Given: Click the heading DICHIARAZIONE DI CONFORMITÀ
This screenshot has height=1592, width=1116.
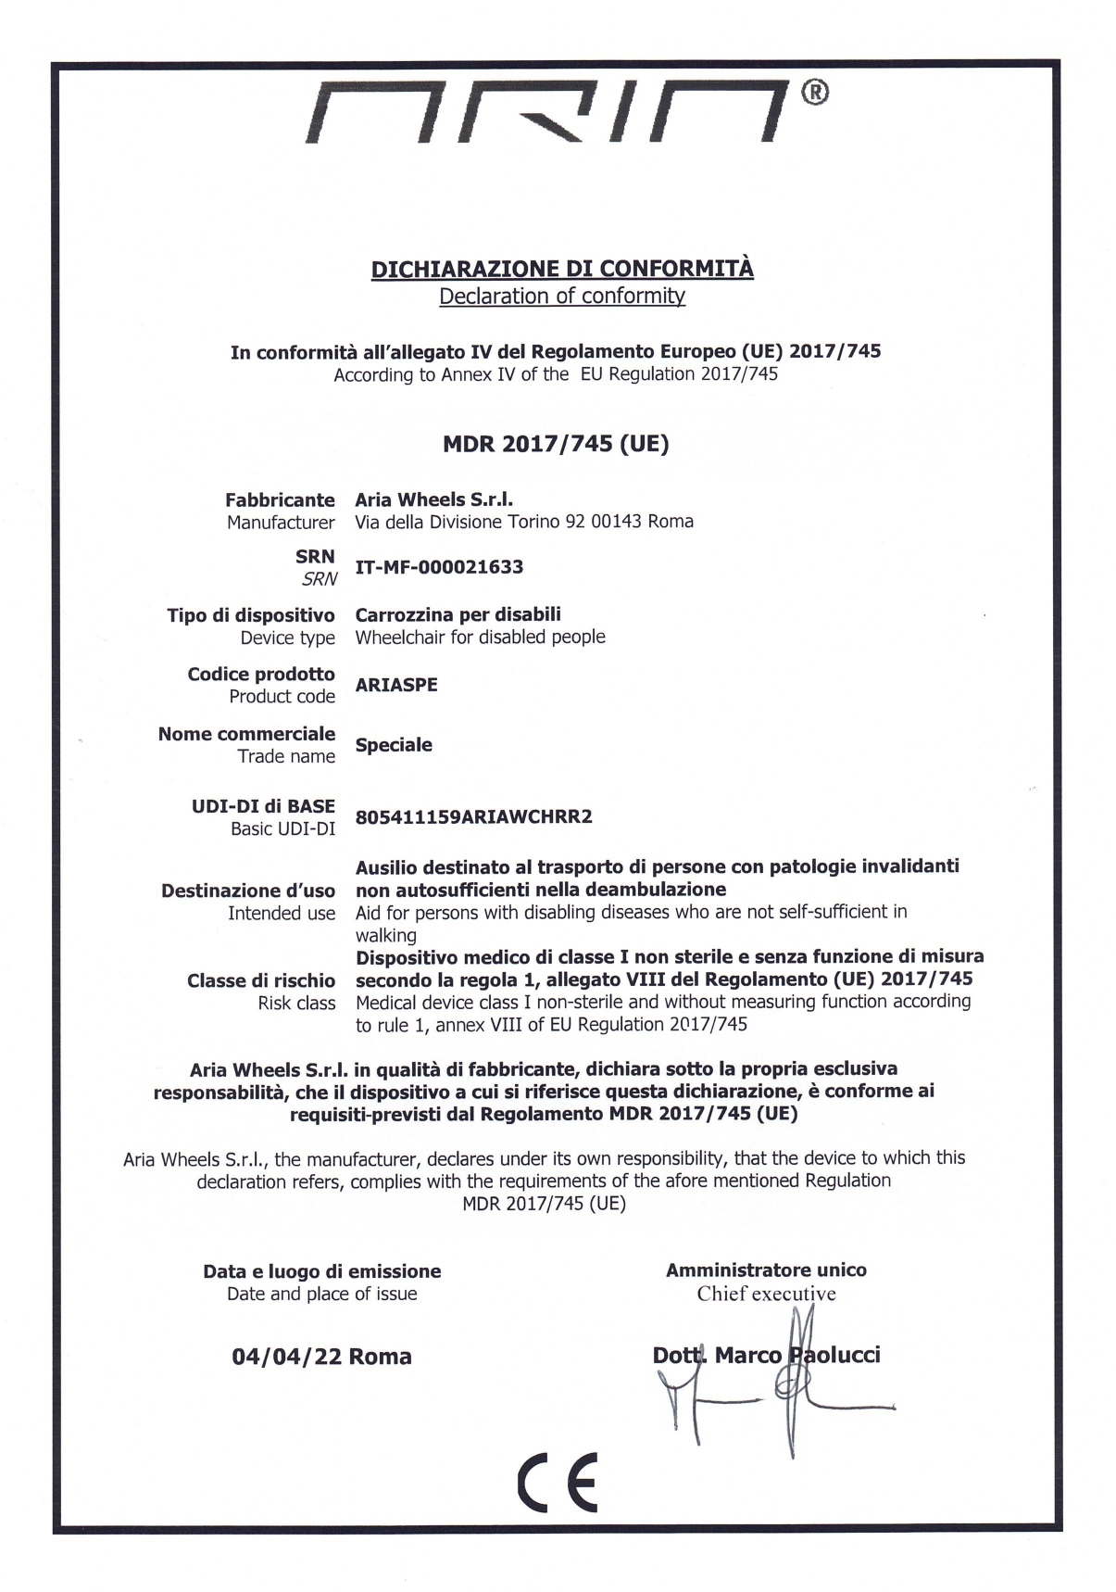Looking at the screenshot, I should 562,269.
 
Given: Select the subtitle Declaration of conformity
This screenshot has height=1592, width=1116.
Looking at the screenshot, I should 562,297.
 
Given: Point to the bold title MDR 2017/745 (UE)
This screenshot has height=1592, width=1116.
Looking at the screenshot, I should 556,444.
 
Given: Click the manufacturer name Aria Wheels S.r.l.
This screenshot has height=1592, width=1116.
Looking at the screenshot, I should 434,499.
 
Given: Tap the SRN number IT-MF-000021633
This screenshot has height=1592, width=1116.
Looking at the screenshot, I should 439,567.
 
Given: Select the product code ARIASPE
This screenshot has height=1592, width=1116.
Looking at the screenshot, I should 396,685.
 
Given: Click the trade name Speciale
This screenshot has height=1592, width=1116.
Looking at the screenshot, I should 394,745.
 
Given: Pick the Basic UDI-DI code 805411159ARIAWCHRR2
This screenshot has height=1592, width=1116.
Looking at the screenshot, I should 473,816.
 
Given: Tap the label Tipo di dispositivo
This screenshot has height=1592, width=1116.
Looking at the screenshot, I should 251,615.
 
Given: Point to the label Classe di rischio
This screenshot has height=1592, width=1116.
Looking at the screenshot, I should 261,980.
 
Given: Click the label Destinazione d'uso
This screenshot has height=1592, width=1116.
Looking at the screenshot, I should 248,891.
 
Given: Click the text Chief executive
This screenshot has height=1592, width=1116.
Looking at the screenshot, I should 766,1294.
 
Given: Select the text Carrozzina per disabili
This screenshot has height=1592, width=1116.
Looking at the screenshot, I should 458,614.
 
